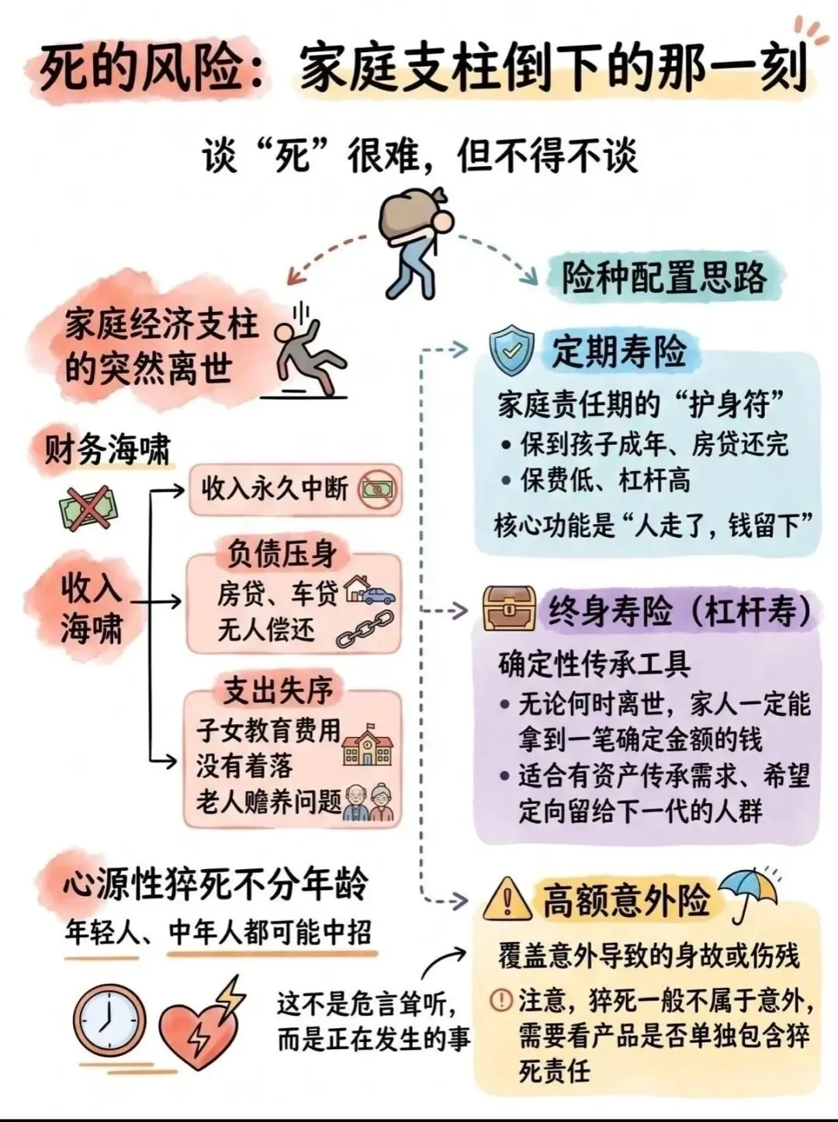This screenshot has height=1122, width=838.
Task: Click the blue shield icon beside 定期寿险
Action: click(x=512, y=351)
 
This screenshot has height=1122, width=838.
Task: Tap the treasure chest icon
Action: click(x=508, y=608)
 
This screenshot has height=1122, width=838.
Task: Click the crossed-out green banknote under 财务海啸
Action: click(x=88, y=509)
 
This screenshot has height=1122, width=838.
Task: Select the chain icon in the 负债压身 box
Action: click(x=365, y=629)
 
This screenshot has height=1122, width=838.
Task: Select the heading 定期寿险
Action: click(x=619, y=351)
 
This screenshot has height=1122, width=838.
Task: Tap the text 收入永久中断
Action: click(x=275, y=488)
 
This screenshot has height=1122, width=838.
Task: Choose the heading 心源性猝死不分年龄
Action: click(x=216, y=883)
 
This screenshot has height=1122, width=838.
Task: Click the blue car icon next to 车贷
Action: click(x=378, y=596)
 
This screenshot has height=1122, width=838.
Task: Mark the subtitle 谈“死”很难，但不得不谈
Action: click(x=420, y=155)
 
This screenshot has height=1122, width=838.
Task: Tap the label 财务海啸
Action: click(x=108, y=449)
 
